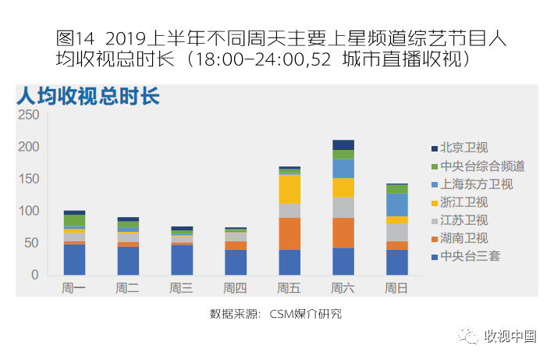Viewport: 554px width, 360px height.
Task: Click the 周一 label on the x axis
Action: pyautogui.click(x=74, y=288)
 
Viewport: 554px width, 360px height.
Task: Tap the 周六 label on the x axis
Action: pyautogui.click(x=343, y=288)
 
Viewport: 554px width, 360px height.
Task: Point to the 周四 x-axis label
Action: pyautogui.click(x=235, y=288)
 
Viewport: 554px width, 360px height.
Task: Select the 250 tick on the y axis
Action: pyautogui.click(x=28, y=115)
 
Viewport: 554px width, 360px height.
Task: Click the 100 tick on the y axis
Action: pyautogui.click(x=28, y=211)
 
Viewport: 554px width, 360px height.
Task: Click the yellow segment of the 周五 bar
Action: pyautogui.click(x=289, y=189)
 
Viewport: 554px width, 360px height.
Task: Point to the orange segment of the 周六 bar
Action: pyautogui.click(x=343, y=233)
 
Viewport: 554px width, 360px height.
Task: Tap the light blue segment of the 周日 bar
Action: pyautogui.click(x=396, y=205)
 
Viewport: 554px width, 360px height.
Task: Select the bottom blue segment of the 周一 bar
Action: pyautogui.click(x=74, y=259)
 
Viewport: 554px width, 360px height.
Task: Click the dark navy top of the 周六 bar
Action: pyautogui.click(x=343, y=144)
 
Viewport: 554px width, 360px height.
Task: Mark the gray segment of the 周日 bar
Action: pyautogui.click(x=396, y=232)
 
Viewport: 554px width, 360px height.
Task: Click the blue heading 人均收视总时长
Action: pyautogui.click(x=87, y=97)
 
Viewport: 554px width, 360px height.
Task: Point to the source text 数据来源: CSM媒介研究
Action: pyautogui.click(x=276, y=314)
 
